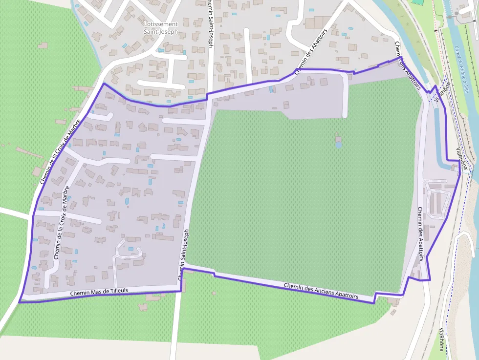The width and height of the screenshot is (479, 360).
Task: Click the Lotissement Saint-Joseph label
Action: (x=161, y=28)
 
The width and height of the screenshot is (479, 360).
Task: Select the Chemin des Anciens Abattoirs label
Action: (x=321, y=291)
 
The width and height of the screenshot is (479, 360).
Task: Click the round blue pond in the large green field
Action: (x=339, y=145)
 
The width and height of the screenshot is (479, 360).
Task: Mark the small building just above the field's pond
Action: (x=338, y=138)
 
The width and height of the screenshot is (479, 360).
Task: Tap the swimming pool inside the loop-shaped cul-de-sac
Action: (x=131, y=249)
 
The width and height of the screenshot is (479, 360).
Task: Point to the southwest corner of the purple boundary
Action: (x=20, y=302)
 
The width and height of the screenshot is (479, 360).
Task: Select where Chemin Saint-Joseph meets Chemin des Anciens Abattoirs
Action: (x=185, y=266)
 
